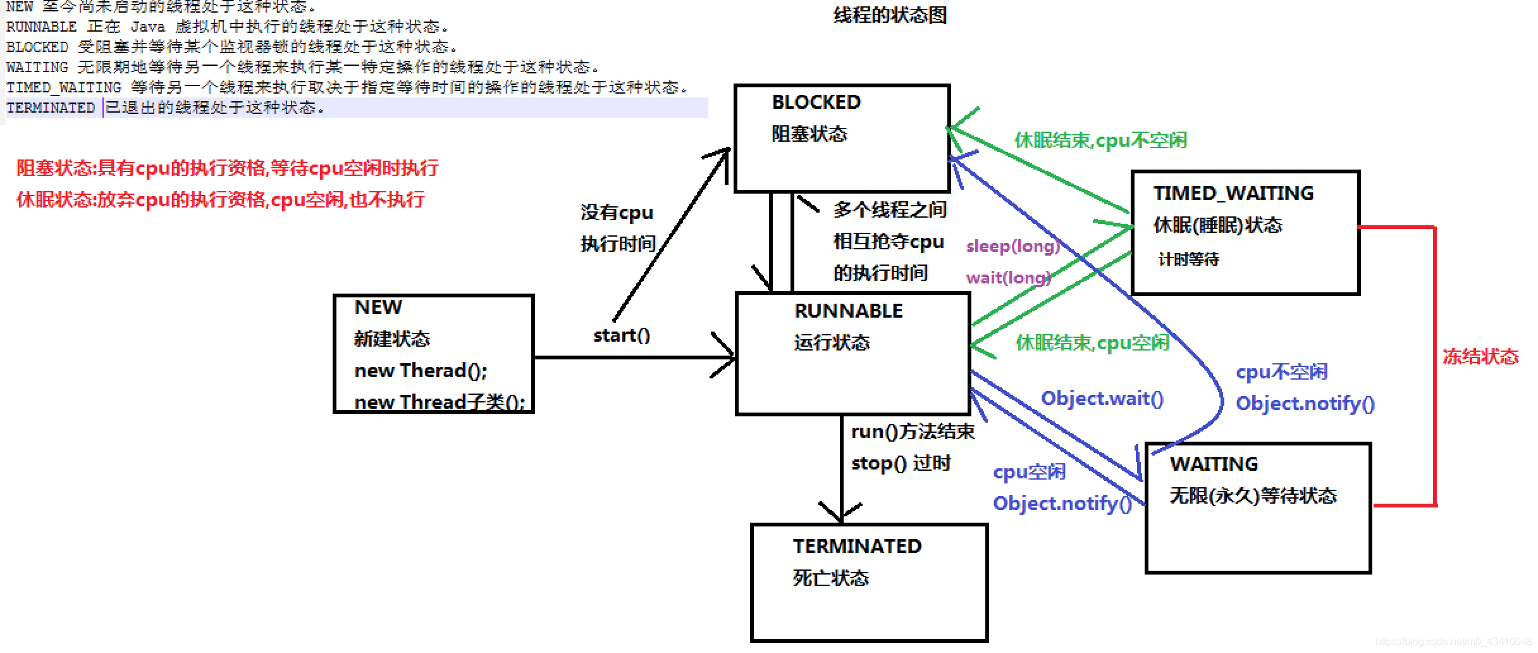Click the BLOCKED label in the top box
tap(816, 103)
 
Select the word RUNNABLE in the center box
tap(848, 311)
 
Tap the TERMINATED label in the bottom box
tap(857, 547)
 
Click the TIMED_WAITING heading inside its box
tap(1233, 194)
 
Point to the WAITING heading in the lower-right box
tap(1214, 464)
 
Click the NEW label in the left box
tap(378, 308)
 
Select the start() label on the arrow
tap(621, 336)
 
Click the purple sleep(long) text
tap(1012, 246)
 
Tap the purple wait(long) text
tap(1008, 278)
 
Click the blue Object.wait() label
tap(1102, 399)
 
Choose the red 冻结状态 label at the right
tap(1480, 357)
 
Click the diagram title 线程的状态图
tap(889, 15)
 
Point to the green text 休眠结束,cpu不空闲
tap(1100, 140)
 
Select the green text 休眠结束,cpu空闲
tap(1092, 343)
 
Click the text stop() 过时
tap(901, 464)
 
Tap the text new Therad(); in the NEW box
tap(421, 371)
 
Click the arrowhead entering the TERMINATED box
tap(841, 513)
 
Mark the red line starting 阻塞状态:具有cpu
tap(227, 168)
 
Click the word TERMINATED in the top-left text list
tap(51, 108)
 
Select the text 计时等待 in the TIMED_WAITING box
tap(1188, 259)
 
